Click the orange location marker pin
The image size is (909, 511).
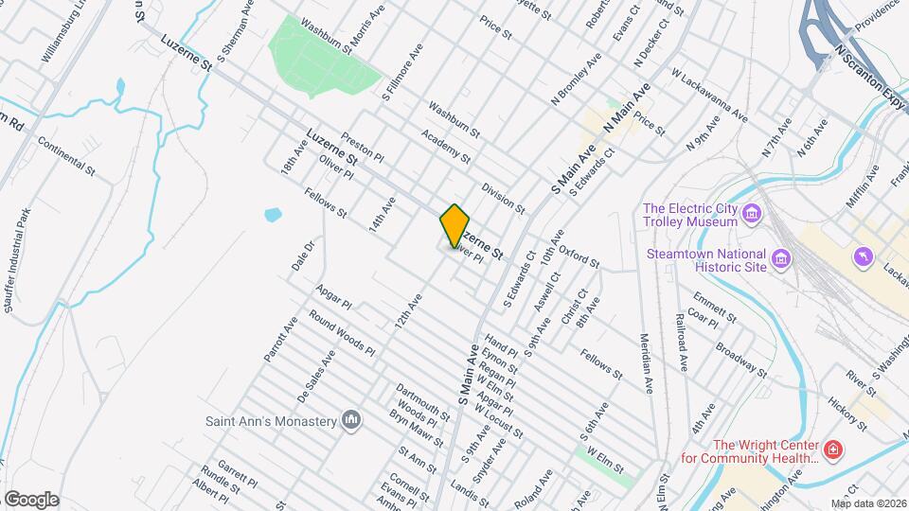(455, 225)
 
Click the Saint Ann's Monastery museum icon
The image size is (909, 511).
(352, 420)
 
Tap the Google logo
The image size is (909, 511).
(31, 499)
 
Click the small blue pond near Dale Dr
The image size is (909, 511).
(273, 214)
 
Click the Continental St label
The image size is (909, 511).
(67, 157)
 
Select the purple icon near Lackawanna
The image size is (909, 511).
(861, 256)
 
